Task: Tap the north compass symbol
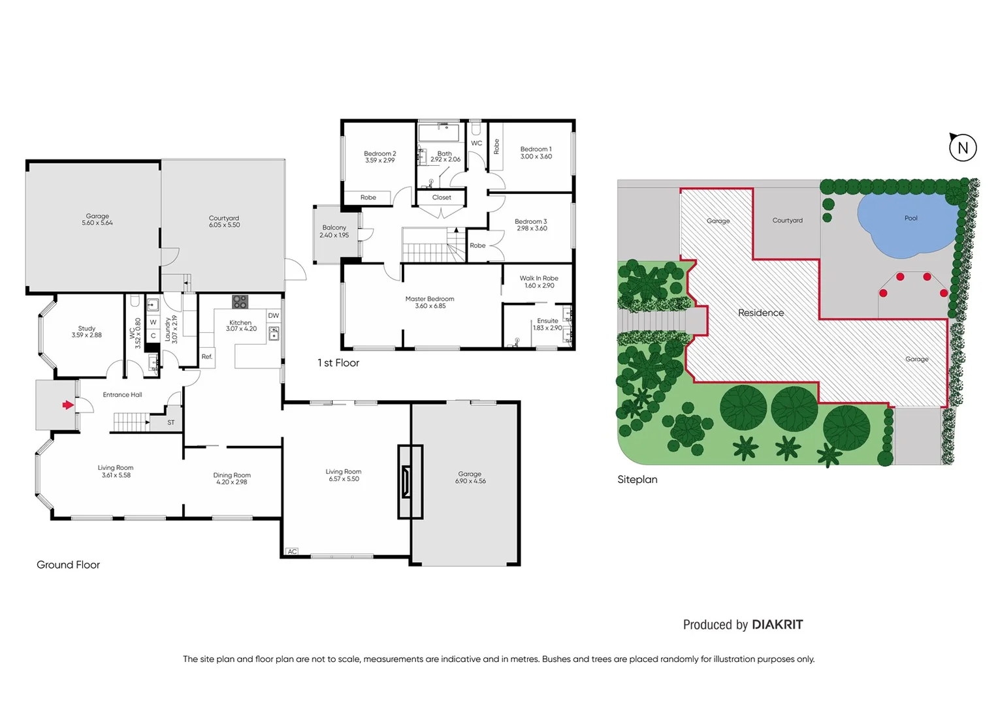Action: (963, 148)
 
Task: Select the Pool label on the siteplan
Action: (910, 218)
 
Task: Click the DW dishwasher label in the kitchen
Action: (273, 316)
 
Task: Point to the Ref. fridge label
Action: (207, 357)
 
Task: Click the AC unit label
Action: (292, 552)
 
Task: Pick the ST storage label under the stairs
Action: (171, 423)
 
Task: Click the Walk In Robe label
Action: (539, 279)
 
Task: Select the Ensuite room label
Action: (547, 321)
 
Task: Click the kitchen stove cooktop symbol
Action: (240, 302)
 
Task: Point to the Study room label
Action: (87, 329)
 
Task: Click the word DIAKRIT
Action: (777, 625)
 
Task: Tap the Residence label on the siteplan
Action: (761, 313)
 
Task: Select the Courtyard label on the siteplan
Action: (787, 221)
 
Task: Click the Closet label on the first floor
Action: (442, 198)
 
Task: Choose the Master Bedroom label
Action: (430, 299)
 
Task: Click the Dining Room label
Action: (232, 476)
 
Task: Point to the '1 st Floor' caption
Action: (338, 363)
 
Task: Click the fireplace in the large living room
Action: (409, 482)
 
